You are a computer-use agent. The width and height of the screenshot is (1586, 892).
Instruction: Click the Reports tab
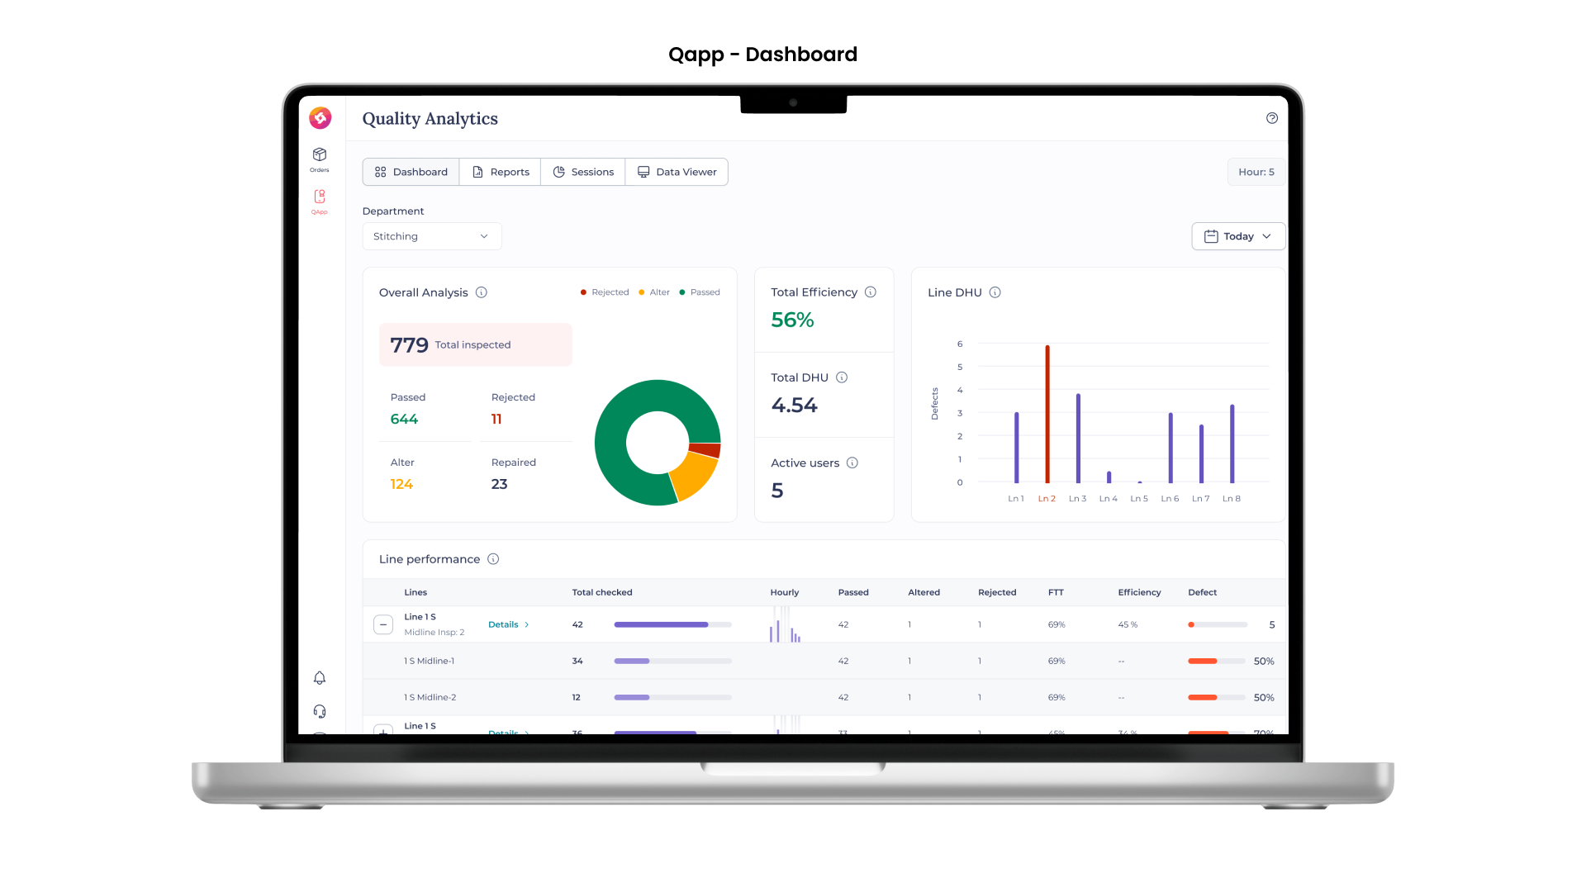501,172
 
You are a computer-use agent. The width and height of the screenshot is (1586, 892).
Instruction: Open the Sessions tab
583,172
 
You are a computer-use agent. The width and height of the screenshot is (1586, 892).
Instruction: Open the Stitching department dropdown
431,236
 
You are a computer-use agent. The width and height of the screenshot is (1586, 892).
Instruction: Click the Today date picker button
1237,236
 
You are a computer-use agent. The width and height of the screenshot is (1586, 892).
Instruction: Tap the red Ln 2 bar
1047,413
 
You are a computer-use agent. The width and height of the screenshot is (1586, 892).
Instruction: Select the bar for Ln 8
1232,444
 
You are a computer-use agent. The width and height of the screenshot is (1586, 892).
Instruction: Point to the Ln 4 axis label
1108,499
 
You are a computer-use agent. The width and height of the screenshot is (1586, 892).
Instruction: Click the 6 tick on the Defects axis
960,344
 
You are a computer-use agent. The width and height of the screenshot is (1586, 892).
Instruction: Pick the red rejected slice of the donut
705,450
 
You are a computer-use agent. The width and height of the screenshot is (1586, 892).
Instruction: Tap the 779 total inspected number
409,344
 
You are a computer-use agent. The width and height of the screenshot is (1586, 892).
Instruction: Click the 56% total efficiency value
792,320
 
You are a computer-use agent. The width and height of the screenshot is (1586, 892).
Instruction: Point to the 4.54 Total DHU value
794,405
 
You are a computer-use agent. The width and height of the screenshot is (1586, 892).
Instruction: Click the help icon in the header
1272,118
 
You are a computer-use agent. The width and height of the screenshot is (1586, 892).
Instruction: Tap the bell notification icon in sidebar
320,678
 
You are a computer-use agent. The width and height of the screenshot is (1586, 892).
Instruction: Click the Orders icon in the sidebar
320,157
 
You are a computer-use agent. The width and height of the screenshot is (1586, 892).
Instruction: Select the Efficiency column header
1139,592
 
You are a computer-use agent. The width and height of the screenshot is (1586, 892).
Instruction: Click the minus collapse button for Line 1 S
383,624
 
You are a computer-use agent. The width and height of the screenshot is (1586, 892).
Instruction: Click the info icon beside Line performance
493,559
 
